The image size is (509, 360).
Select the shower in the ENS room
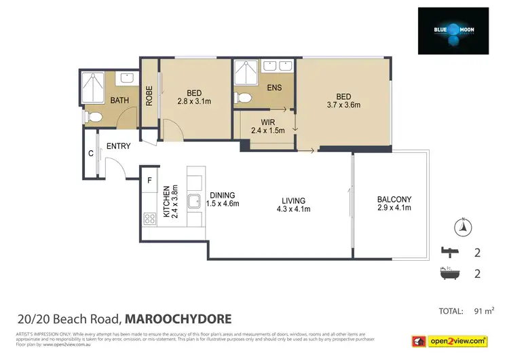244,73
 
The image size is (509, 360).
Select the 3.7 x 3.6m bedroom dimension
343,105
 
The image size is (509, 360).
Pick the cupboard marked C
90,154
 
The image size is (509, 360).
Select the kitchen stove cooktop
149,219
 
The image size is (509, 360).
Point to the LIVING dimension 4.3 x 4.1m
293,209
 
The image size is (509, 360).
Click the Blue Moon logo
453,31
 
